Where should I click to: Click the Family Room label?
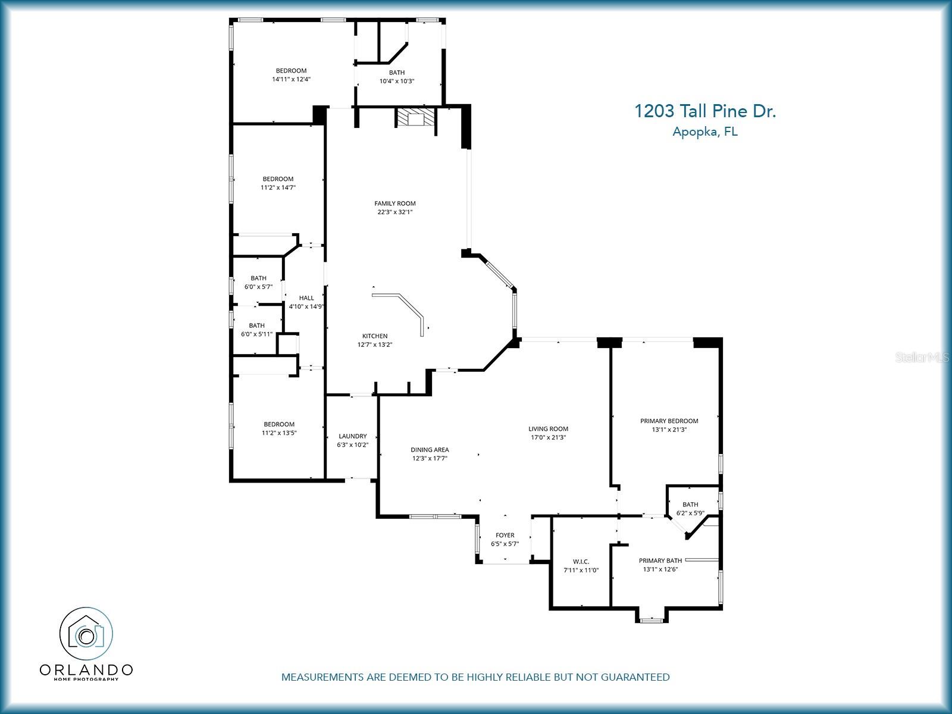[394, 203]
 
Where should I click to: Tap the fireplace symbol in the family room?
[415, 118]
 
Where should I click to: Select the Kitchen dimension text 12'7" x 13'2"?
[374, 345]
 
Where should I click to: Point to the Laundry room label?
[352, 436]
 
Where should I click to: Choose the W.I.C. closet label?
[581, 562]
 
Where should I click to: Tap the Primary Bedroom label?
[669, 421]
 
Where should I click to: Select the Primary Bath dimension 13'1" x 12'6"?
[660, 569]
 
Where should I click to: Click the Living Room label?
[548, 428]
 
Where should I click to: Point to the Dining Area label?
[430, 450]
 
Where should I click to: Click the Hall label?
[306, 298]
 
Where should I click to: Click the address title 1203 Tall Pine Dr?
[704, 111]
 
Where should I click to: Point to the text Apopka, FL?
[704, 132]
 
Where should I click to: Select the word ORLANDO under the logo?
[86, 670]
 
